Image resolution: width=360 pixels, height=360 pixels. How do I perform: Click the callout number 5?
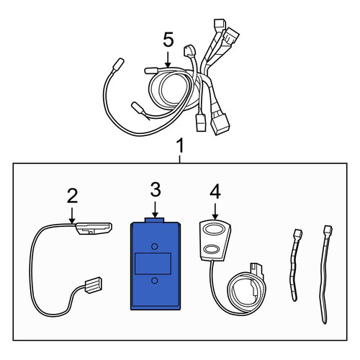168,40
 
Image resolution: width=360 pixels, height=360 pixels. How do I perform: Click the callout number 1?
179,145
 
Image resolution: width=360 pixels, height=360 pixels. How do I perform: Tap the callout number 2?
72,196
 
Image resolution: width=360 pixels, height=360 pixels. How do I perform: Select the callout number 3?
156,189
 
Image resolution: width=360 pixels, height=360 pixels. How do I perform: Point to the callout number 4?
215,192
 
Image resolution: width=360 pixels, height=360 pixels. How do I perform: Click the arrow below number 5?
168,60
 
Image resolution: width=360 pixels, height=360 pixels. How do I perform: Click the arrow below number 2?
72,215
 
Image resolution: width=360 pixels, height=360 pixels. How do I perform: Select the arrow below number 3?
156,210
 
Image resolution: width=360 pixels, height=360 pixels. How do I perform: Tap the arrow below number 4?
215,212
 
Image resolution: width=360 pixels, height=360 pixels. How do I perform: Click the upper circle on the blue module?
155,246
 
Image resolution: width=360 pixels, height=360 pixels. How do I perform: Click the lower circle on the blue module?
155,281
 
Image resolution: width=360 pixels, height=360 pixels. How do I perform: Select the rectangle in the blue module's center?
153,264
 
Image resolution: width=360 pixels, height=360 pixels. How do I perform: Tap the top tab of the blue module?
154,220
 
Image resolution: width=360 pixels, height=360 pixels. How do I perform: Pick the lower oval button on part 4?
211,248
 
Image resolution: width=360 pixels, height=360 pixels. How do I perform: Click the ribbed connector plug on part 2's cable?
93,285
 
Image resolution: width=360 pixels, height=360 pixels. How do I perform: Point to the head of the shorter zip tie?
298,233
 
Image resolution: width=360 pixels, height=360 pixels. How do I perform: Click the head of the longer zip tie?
328,230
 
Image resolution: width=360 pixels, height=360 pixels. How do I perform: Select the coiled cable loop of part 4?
246,293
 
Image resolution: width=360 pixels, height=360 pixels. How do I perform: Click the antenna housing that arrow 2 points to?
94,228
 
